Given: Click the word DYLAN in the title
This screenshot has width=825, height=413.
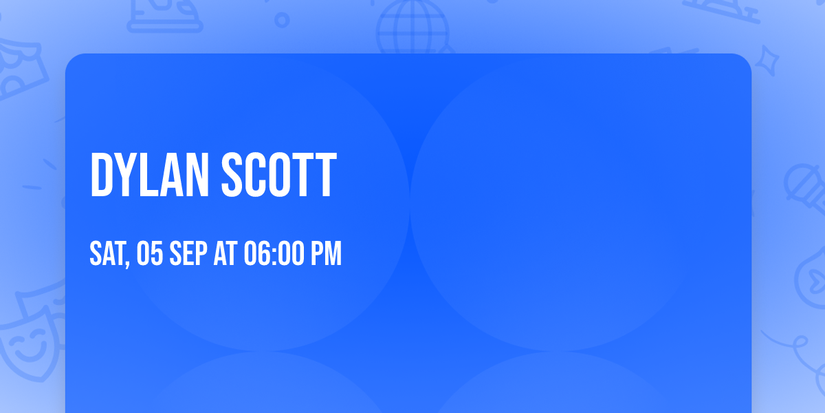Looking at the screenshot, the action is [150, 175].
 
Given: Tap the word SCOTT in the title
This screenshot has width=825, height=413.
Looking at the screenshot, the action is [279, 175].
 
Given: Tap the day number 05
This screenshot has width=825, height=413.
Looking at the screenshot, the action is [150, 253].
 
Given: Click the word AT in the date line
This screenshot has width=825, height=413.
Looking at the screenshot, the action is [225, 253].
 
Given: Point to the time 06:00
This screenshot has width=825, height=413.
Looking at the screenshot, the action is [274, 253].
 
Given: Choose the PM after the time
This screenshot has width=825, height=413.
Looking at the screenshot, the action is [327, 253].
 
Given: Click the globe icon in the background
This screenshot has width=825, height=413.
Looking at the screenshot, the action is [413, 28].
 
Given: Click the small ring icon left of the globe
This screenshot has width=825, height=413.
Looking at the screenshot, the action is [282, 20].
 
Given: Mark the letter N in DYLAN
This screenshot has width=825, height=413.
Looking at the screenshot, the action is [197, 175].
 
